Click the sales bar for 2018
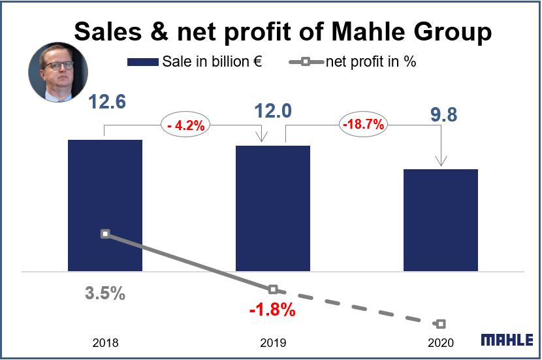click(x=105, y=205)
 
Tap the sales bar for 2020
click(x=441, y=220)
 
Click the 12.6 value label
click(x=107, y=103)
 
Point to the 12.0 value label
click(x=273, y=111)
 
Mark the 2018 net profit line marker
click(x=105, y=233)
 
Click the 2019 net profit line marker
click(x=273, y=289)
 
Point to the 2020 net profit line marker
click(x=441, y=323)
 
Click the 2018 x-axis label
click(x=106, y=342)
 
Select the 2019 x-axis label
click(x=273, y=342)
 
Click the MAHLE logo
click(x=507, y=340)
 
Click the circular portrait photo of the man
click(x=57, y=73)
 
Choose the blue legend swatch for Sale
click(x=142, y=62)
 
